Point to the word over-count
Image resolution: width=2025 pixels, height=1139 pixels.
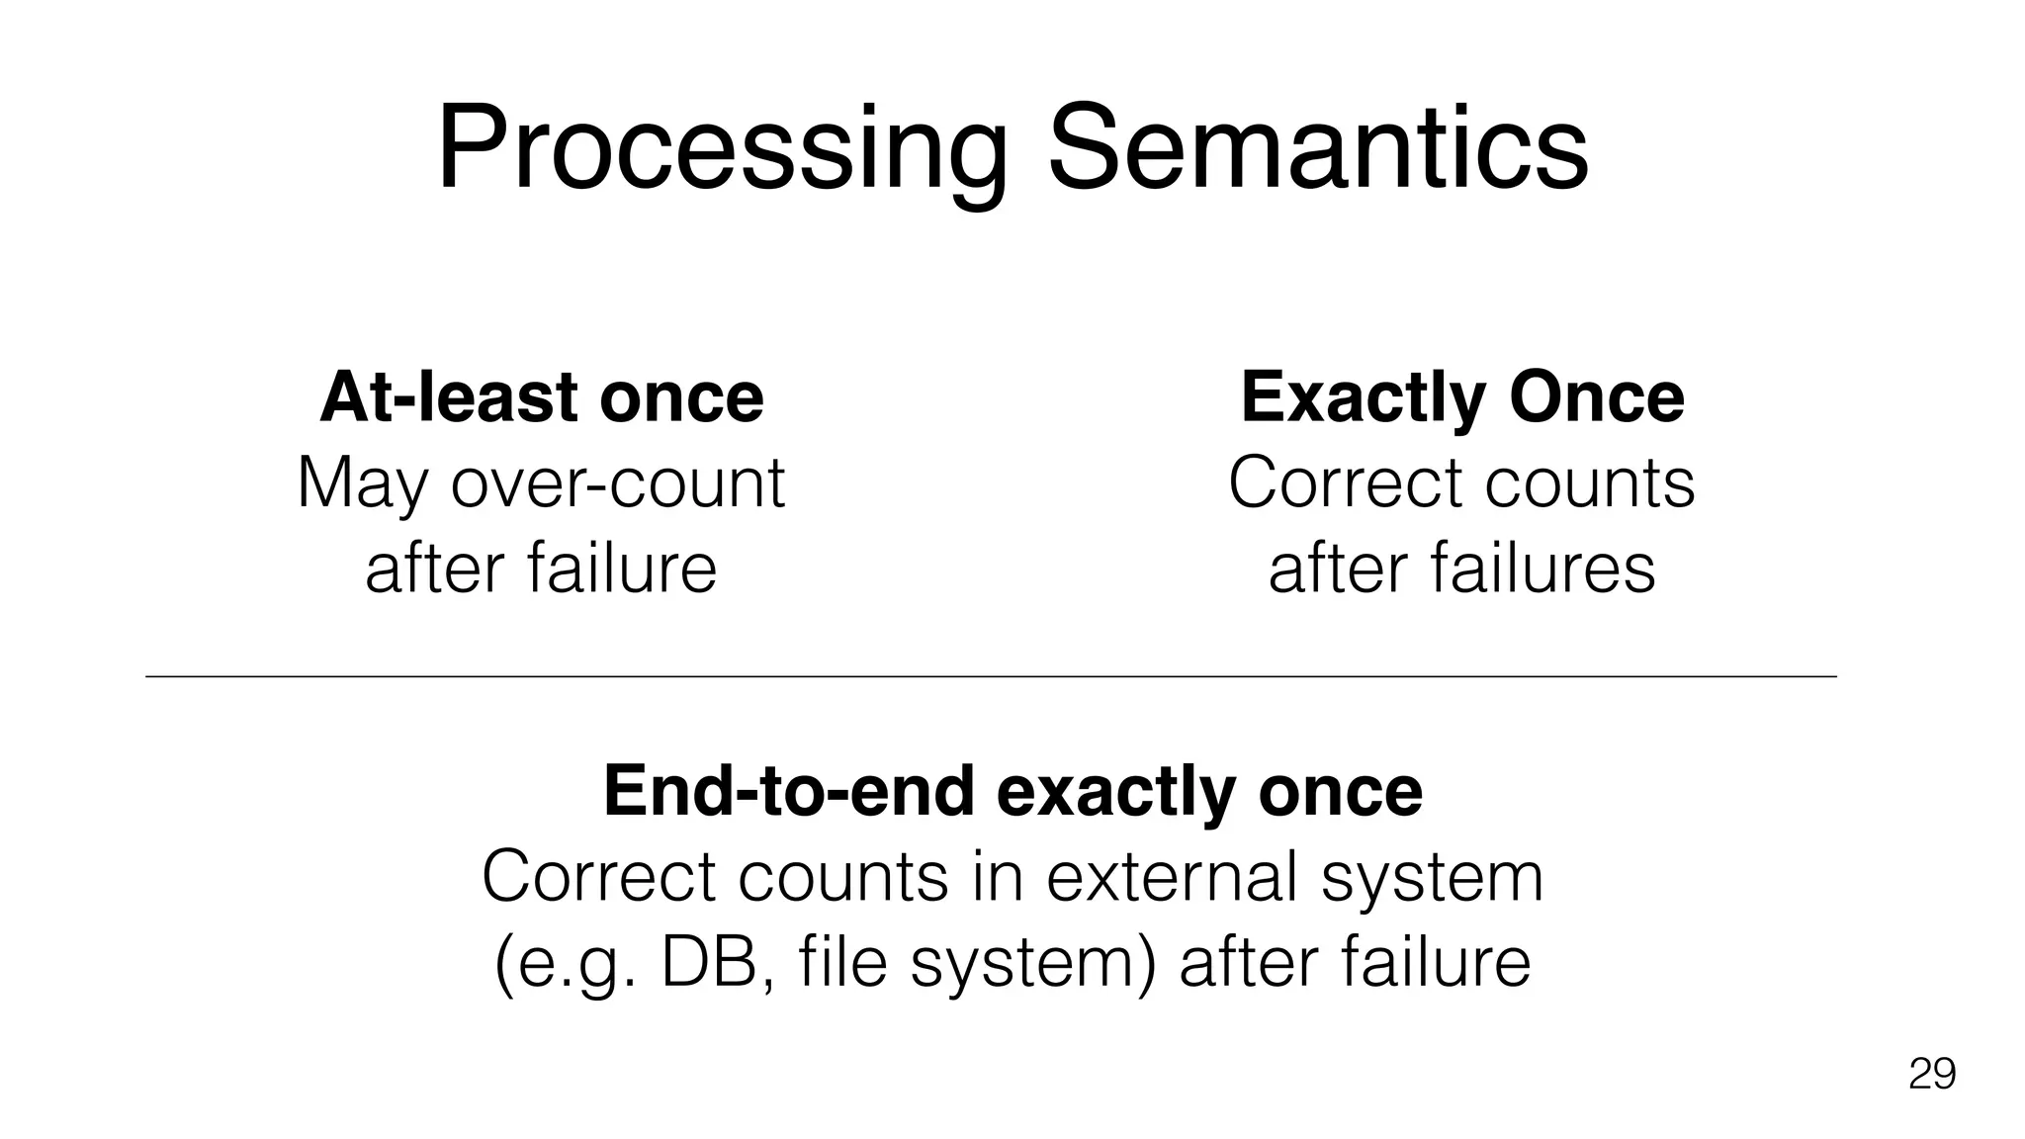click(618, 484)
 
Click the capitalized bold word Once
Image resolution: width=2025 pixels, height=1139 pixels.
click(1596, 397)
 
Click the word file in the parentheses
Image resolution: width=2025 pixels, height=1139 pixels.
click(841, 963)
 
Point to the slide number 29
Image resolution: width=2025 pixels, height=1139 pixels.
click(1931, 1074)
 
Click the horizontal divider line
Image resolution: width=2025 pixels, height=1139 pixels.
click(989, 676)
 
